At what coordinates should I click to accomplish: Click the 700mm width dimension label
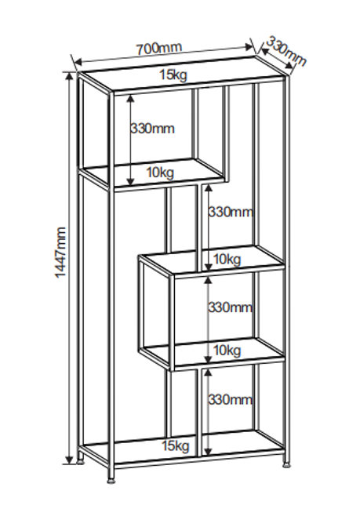[x=158, y=49]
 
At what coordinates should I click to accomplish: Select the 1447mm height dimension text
[x=61, y=253]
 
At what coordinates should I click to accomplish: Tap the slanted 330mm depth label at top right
[x=287, y=52]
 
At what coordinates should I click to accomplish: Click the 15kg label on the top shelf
[x=173, y=75]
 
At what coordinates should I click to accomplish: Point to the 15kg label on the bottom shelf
[x=176, y=445]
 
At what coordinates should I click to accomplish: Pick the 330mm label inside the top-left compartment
[x=152, y=129]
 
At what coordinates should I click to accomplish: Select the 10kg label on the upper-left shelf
[x=160, y=173]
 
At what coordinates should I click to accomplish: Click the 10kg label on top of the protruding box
[x=227, y=259]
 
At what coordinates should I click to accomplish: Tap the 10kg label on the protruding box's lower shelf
[x=227, y=351]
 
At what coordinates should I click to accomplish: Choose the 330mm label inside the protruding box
[x=230, y=307]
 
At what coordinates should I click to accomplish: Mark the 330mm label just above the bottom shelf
[x=230, y=400]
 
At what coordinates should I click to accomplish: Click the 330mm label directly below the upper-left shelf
[x=231, y=212]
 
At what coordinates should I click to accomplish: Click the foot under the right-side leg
[x=286, y=466]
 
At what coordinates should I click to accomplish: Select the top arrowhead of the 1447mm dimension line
[x=70, y=77]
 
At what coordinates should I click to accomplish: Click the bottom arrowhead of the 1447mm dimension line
[x=70, y=459]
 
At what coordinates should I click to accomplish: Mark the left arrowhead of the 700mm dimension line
[x=78, y=62]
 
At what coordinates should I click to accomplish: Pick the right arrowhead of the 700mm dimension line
[x=249, y=47]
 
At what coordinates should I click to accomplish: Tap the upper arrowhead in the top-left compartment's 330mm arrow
[x=130, y=99]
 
